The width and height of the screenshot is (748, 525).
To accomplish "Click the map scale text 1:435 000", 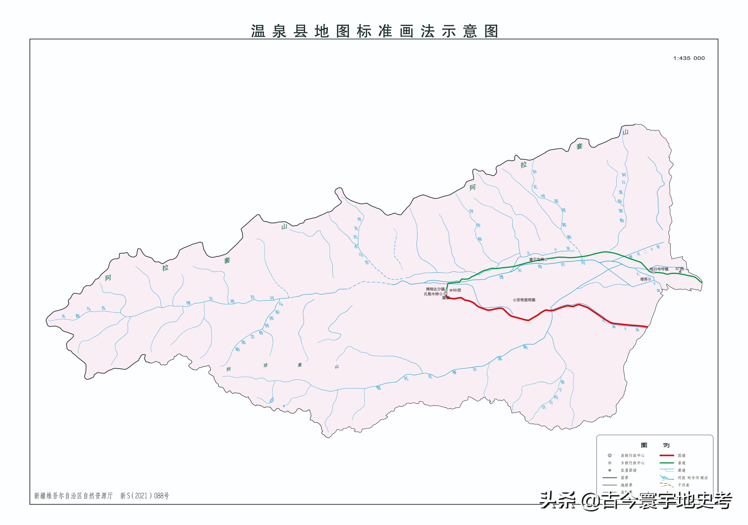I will click(689, 58).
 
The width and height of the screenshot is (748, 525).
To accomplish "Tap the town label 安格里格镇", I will click(526, 300).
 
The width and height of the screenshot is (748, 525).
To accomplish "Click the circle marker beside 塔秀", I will click(649, 279).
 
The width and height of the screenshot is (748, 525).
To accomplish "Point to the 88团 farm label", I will click(456, 290).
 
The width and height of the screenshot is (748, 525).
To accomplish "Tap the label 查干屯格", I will click(536, 259).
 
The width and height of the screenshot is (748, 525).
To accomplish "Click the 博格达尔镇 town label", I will click(435, 289).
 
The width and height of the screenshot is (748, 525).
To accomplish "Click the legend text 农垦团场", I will click(628, 470).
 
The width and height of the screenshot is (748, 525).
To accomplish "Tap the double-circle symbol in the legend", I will click(610, 456).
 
